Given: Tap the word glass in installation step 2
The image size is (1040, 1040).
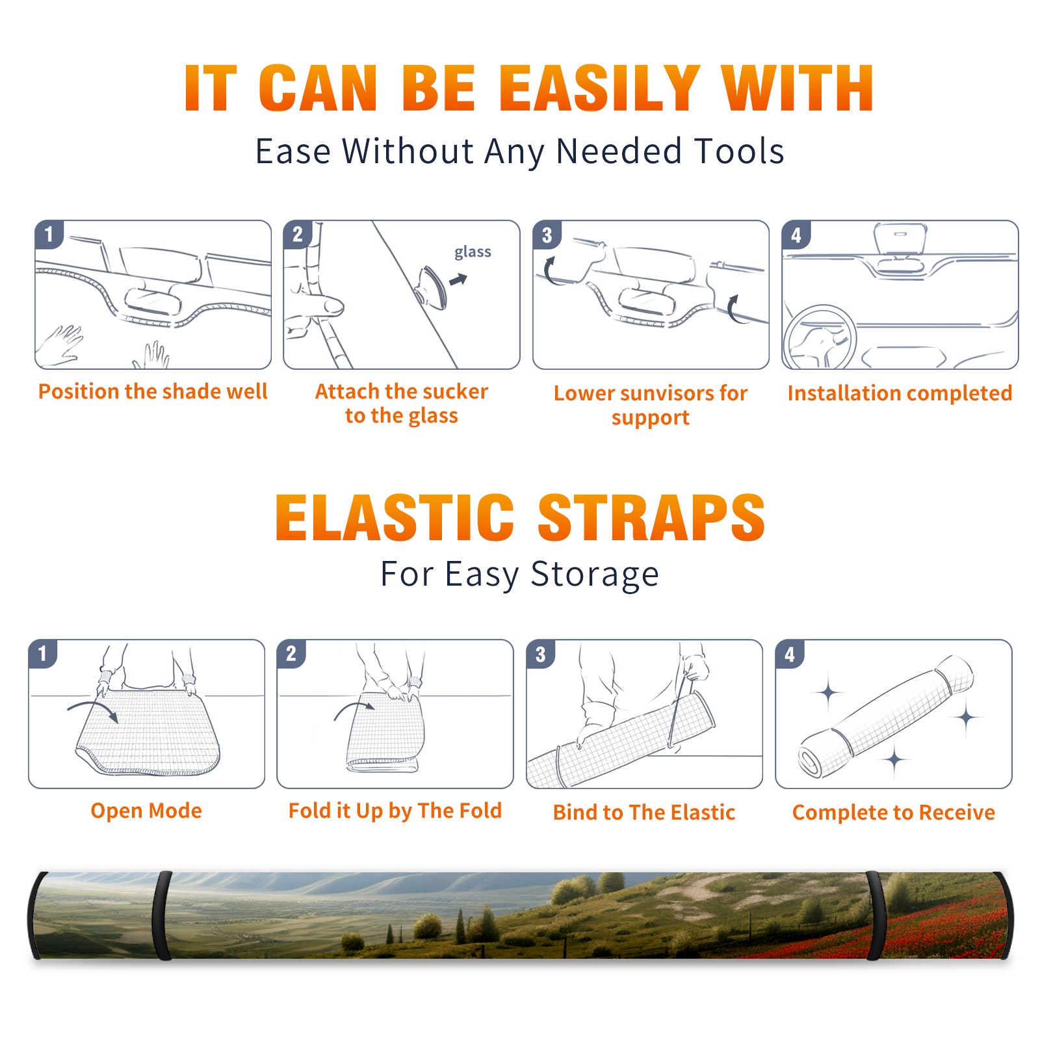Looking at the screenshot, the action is (x=473, y=252).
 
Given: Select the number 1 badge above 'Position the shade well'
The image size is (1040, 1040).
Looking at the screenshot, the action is (x=49, y=233).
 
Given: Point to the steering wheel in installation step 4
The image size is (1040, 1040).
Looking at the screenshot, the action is (x=820, y=337).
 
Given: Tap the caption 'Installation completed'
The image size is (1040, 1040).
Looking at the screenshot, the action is (x=900, y=393).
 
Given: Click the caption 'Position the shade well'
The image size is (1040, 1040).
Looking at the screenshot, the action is (x=153, y=391).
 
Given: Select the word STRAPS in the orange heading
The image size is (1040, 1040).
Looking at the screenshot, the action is (x=651, y=517).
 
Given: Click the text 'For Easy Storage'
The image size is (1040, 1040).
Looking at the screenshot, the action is (x=519, y=575).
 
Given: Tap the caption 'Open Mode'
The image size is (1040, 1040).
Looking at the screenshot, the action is (x=146, y=811).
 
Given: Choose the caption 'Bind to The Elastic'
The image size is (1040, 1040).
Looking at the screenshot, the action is (x=644, y=812).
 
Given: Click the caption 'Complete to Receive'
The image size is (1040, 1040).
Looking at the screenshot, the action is (x=894, y=812).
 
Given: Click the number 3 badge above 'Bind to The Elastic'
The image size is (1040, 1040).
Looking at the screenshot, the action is (x=541, y=654).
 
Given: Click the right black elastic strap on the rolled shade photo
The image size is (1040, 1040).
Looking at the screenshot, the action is (x=876, y=915).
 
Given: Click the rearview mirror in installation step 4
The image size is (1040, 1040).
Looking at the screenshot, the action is (x=900, y=239).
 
